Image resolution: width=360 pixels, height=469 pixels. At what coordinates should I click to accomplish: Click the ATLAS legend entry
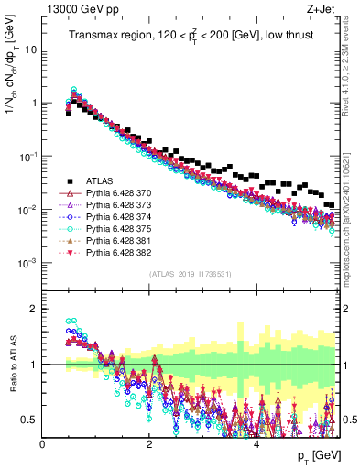98,181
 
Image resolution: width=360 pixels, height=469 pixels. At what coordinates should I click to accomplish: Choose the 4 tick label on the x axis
256,443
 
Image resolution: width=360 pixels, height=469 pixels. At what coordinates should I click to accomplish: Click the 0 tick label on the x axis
42,443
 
